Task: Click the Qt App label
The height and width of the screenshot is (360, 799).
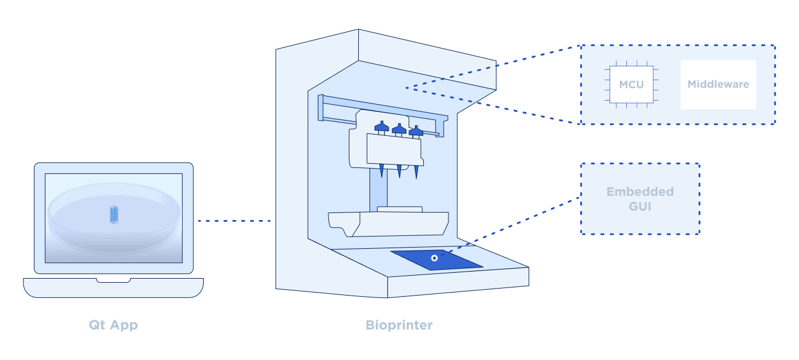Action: tap(114, 325)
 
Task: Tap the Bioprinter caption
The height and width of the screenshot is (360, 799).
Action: tap(399, 325)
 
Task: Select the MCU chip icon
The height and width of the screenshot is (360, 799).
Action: tap(631, 85)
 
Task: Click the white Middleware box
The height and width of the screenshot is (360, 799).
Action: tap(718, 85)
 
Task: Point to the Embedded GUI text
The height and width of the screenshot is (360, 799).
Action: tap(640, 199)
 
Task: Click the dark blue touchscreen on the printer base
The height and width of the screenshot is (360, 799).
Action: tap(436, 260)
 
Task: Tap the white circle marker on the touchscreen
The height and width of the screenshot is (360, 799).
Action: tap(434, 258)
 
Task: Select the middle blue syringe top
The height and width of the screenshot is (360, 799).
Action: tap(399, 129)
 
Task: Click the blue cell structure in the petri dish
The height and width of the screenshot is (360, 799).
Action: tap(114, 214)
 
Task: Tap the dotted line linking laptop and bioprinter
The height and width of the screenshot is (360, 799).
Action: tap(234, 221)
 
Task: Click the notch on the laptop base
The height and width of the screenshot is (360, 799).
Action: tap(114, 281)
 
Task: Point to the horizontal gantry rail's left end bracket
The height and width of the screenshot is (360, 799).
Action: tap(321, 107)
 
